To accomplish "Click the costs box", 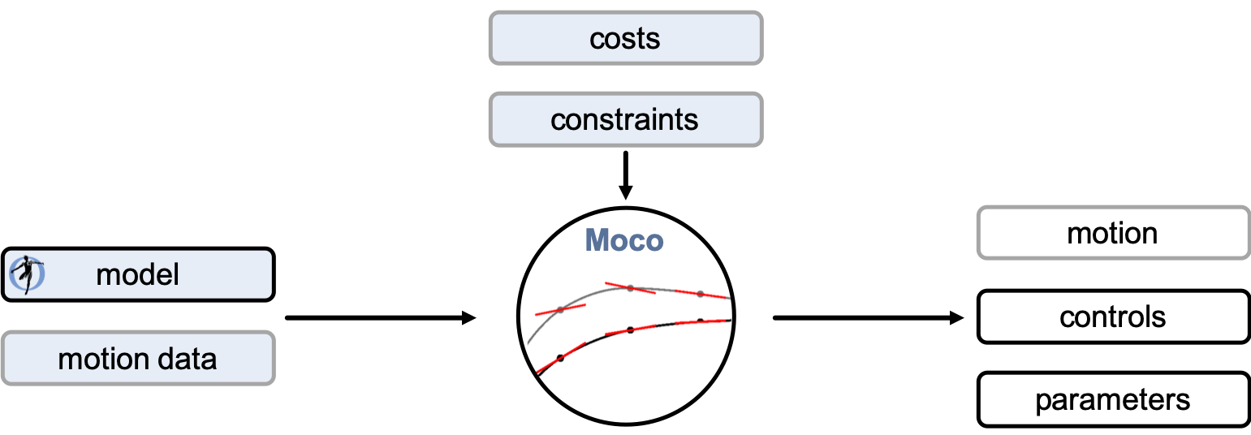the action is click(x=625, y=38).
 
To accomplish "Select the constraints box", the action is click(x=625, y=119).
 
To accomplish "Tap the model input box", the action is click(x=138, y=275).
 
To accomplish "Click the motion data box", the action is click(x=138, y=359).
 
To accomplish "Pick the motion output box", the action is click(x=1113, y=233).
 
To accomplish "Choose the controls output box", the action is click(x=1113, y=317).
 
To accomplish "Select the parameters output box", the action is click(x=1113, y=399).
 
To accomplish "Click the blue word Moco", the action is click(x=624, y=241).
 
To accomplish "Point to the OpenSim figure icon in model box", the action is click(x=27, y=274).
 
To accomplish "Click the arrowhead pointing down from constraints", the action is click(x=625, y=192).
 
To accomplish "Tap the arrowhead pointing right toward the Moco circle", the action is click(x=468, y=318).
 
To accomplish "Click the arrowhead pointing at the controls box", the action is click(x=956, y=318).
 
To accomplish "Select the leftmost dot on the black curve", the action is click(x=560, y=358).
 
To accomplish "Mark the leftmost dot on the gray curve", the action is click(x=560, y=310).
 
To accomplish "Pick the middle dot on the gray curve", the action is click(x=630, y=288).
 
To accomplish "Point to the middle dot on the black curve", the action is click(x=630, y=330).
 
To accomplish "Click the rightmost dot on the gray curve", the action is click(x=701, y=294).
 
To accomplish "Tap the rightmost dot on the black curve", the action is click(x=701, y=321).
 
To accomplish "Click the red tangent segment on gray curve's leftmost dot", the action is click(x=560, y=309).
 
